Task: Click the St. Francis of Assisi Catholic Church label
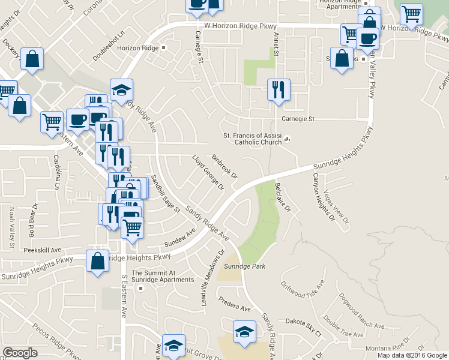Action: click(x=252, y=139)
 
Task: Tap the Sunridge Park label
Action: click(x=244, y=266)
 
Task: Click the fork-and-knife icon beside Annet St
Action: click(x=279, y=90)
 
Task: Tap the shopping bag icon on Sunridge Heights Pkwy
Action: click(x=97, y=262)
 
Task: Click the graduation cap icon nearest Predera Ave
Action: click(x=244, y=332)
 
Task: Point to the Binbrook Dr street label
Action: click(x=225, y=167)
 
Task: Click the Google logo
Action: click(x=20, y=353)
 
